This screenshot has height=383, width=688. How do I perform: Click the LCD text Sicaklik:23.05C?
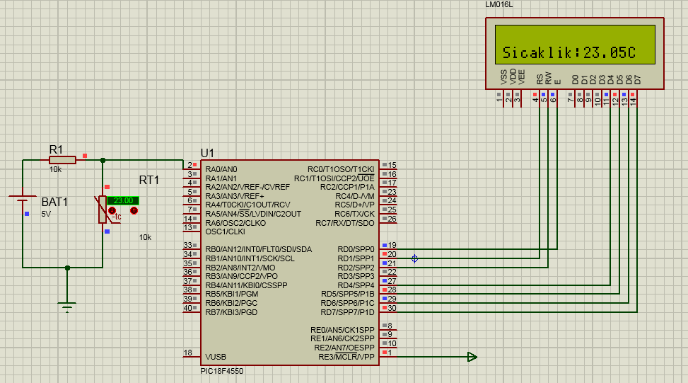(x=569, y=53)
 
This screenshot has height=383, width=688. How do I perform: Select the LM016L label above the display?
(x=500, y=5)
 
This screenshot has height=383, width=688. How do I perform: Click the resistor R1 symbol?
(x=62, y=160)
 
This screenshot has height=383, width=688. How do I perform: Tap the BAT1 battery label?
(x=54, y=202)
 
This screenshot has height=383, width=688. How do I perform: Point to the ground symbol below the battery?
(x=67, y=306)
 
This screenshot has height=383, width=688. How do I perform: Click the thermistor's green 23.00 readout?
(x=122, y=200)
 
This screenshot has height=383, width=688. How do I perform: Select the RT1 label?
(x=149, y=180)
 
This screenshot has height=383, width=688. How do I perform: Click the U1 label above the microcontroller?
(x=207, y=153)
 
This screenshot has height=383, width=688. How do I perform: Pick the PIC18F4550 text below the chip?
(x=222, y=370)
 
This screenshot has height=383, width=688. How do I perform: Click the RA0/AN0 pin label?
(x=221, y=169)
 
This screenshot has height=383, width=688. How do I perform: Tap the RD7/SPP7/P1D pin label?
(x=347, y=312)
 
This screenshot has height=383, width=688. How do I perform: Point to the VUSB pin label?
(x=216, y=357)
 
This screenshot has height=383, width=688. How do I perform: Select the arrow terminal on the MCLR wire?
(x=472, y=357)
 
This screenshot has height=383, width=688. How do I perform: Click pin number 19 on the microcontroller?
(x=392, y=245)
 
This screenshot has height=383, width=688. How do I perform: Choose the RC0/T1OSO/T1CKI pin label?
(x=340, y=169)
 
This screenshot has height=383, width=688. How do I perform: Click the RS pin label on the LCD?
(x=540, y=79)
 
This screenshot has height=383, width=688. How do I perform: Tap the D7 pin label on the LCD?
(x=637, y=79)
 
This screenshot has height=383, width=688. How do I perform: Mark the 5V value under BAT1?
(x=46, y=213)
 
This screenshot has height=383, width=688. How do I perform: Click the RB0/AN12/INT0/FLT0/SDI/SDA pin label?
(x=258, y=249)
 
